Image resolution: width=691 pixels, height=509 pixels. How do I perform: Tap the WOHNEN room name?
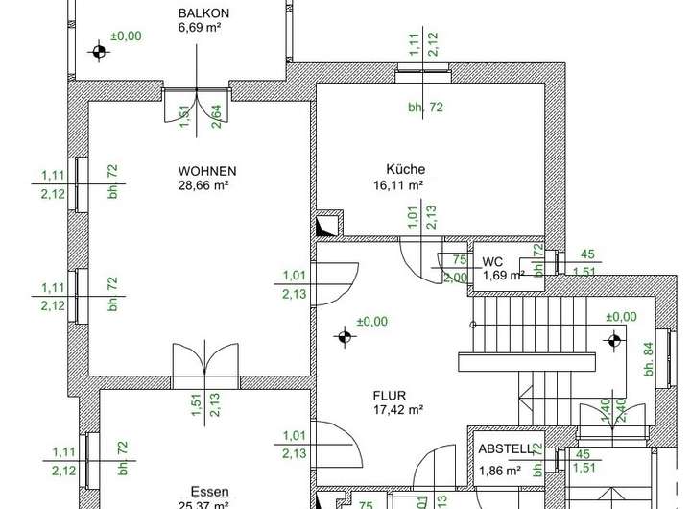(206, 172)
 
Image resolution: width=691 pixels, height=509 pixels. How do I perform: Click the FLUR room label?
(390, 395)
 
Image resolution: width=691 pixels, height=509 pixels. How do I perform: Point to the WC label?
(492, 262)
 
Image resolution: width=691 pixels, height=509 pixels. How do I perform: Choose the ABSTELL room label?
(506, 448)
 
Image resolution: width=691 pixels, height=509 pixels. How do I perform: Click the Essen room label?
(209, 489)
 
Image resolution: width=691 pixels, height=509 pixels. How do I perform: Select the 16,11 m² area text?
(399, 184)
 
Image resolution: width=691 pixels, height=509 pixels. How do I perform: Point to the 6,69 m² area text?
(202, 28)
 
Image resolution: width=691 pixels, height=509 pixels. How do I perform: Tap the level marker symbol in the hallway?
(344, 336)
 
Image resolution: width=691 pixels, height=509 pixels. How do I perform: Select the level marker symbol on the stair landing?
(614, 339)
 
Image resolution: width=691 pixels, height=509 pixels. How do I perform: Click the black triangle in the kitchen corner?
(322, 228)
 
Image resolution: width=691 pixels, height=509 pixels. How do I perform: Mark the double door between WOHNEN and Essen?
(203, 366)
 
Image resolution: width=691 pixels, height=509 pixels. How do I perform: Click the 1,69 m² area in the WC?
(503, 277)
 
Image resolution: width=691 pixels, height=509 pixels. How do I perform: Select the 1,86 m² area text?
(499, 472)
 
